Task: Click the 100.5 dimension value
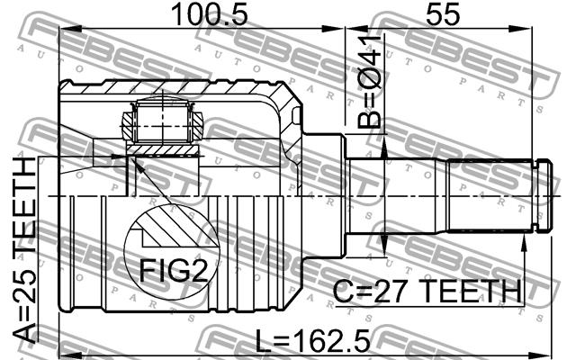(x=210, y=14)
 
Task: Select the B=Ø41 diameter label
(x=369, y=82)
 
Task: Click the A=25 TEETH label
(x=24, y=250)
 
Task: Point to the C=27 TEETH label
(x=427, y=291)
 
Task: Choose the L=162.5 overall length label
(x=313, y=340)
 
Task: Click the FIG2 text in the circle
(x=174, y=270)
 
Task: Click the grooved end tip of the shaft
(x=543, y=196)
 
